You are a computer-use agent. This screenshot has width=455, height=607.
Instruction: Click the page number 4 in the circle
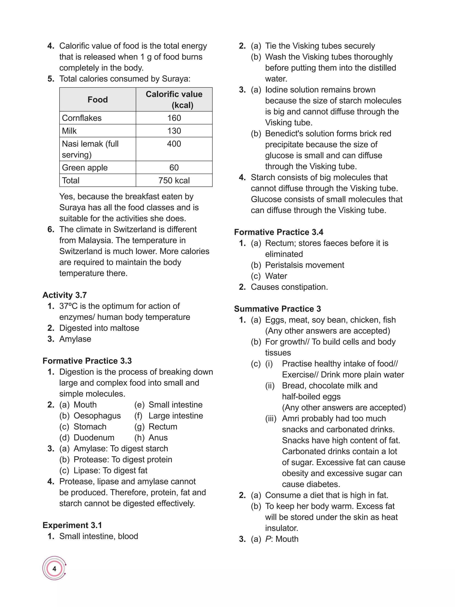(x=54, y=569)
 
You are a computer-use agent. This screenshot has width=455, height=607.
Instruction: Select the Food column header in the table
(x=97, y=100)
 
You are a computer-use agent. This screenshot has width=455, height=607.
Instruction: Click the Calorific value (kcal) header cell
(x=174, y=100)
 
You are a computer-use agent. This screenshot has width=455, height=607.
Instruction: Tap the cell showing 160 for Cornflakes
(x=174, y=118)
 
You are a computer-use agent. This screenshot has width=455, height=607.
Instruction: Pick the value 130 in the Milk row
(x=174, y=131)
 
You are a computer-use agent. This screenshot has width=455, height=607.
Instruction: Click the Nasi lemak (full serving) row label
(x=90, y=149)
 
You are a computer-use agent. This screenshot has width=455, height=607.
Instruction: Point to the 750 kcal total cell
(x=174, y=180)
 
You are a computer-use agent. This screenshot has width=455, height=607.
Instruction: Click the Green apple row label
(x=85, y=168)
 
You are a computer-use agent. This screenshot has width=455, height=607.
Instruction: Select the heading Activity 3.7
(x=65, y=295)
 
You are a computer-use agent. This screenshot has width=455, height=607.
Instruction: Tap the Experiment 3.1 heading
(x=72, y=525)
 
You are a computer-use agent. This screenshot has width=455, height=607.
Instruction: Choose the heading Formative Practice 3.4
(x=279, y=232)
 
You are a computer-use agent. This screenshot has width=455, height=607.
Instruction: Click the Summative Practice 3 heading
(x=277, y=309)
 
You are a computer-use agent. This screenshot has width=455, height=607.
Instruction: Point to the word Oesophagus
(x=97, y=416)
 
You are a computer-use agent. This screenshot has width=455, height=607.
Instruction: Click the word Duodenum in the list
(x=94, y=438)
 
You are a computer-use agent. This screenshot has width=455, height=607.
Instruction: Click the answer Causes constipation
(x=289, y=287)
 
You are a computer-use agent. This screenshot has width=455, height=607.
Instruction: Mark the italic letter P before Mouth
(x=268, y=539)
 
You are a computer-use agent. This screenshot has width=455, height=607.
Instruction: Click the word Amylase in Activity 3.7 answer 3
(x=75, y=339)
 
